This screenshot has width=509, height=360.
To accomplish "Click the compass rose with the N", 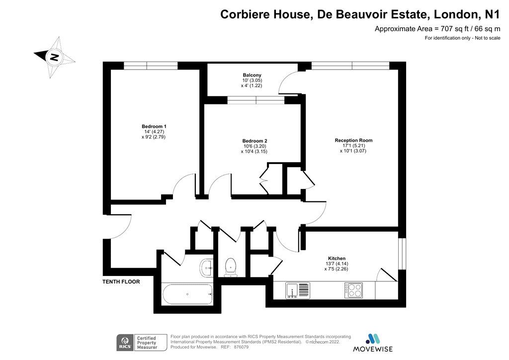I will (x=55, y=57).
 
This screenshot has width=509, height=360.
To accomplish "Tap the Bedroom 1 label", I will (x=154, y=126).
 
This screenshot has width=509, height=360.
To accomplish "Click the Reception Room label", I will (x=353, y=140).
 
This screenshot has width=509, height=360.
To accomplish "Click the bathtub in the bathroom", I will (x=187, y=294).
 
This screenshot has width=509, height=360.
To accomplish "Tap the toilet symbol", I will (x=231, y=267).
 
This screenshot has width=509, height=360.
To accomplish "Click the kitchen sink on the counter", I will (x=297, y=290).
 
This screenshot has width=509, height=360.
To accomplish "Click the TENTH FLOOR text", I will (x=121, y=281).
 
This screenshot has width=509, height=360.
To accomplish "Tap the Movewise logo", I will (x=372, y=343).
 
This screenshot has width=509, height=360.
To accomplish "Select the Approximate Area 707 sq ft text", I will (x=437, y=29).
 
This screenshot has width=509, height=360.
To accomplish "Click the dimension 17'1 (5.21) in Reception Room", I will (x=353, y=146).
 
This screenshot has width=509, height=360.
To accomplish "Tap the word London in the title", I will (x=453, y=14).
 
